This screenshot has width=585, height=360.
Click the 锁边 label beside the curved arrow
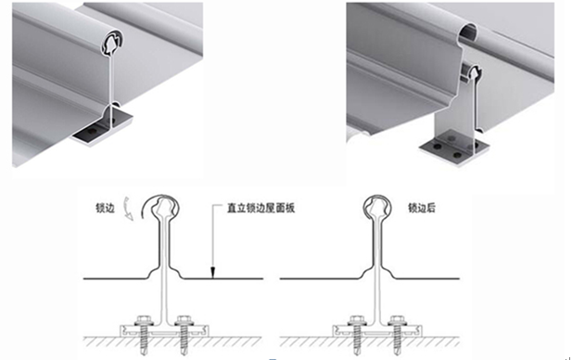(x=105, y=208)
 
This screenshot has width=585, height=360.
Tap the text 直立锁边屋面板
(x=261, y=208)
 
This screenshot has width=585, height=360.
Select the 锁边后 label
(x=422, y=208)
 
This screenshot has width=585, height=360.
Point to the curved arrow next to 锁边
(x=128, y=209)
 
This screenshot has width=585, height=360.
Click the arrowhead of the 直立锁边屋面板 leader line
(x=212, y=273)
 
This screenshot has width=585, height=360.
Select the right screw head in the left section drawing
(x=184, y=321)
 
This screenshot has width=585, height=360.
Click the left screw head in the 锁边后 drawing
(x=355, y=321)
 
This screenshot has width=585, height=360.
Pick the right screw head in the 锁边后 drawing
(x=396, y=321)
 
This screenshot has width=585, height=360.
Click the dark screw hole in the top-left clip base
(x=92, y=132)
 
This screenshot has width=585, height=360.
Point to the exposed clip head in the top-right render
(x=472, y=72)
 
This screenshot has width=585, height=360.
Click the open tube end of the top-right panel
(x=468, y=32)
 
